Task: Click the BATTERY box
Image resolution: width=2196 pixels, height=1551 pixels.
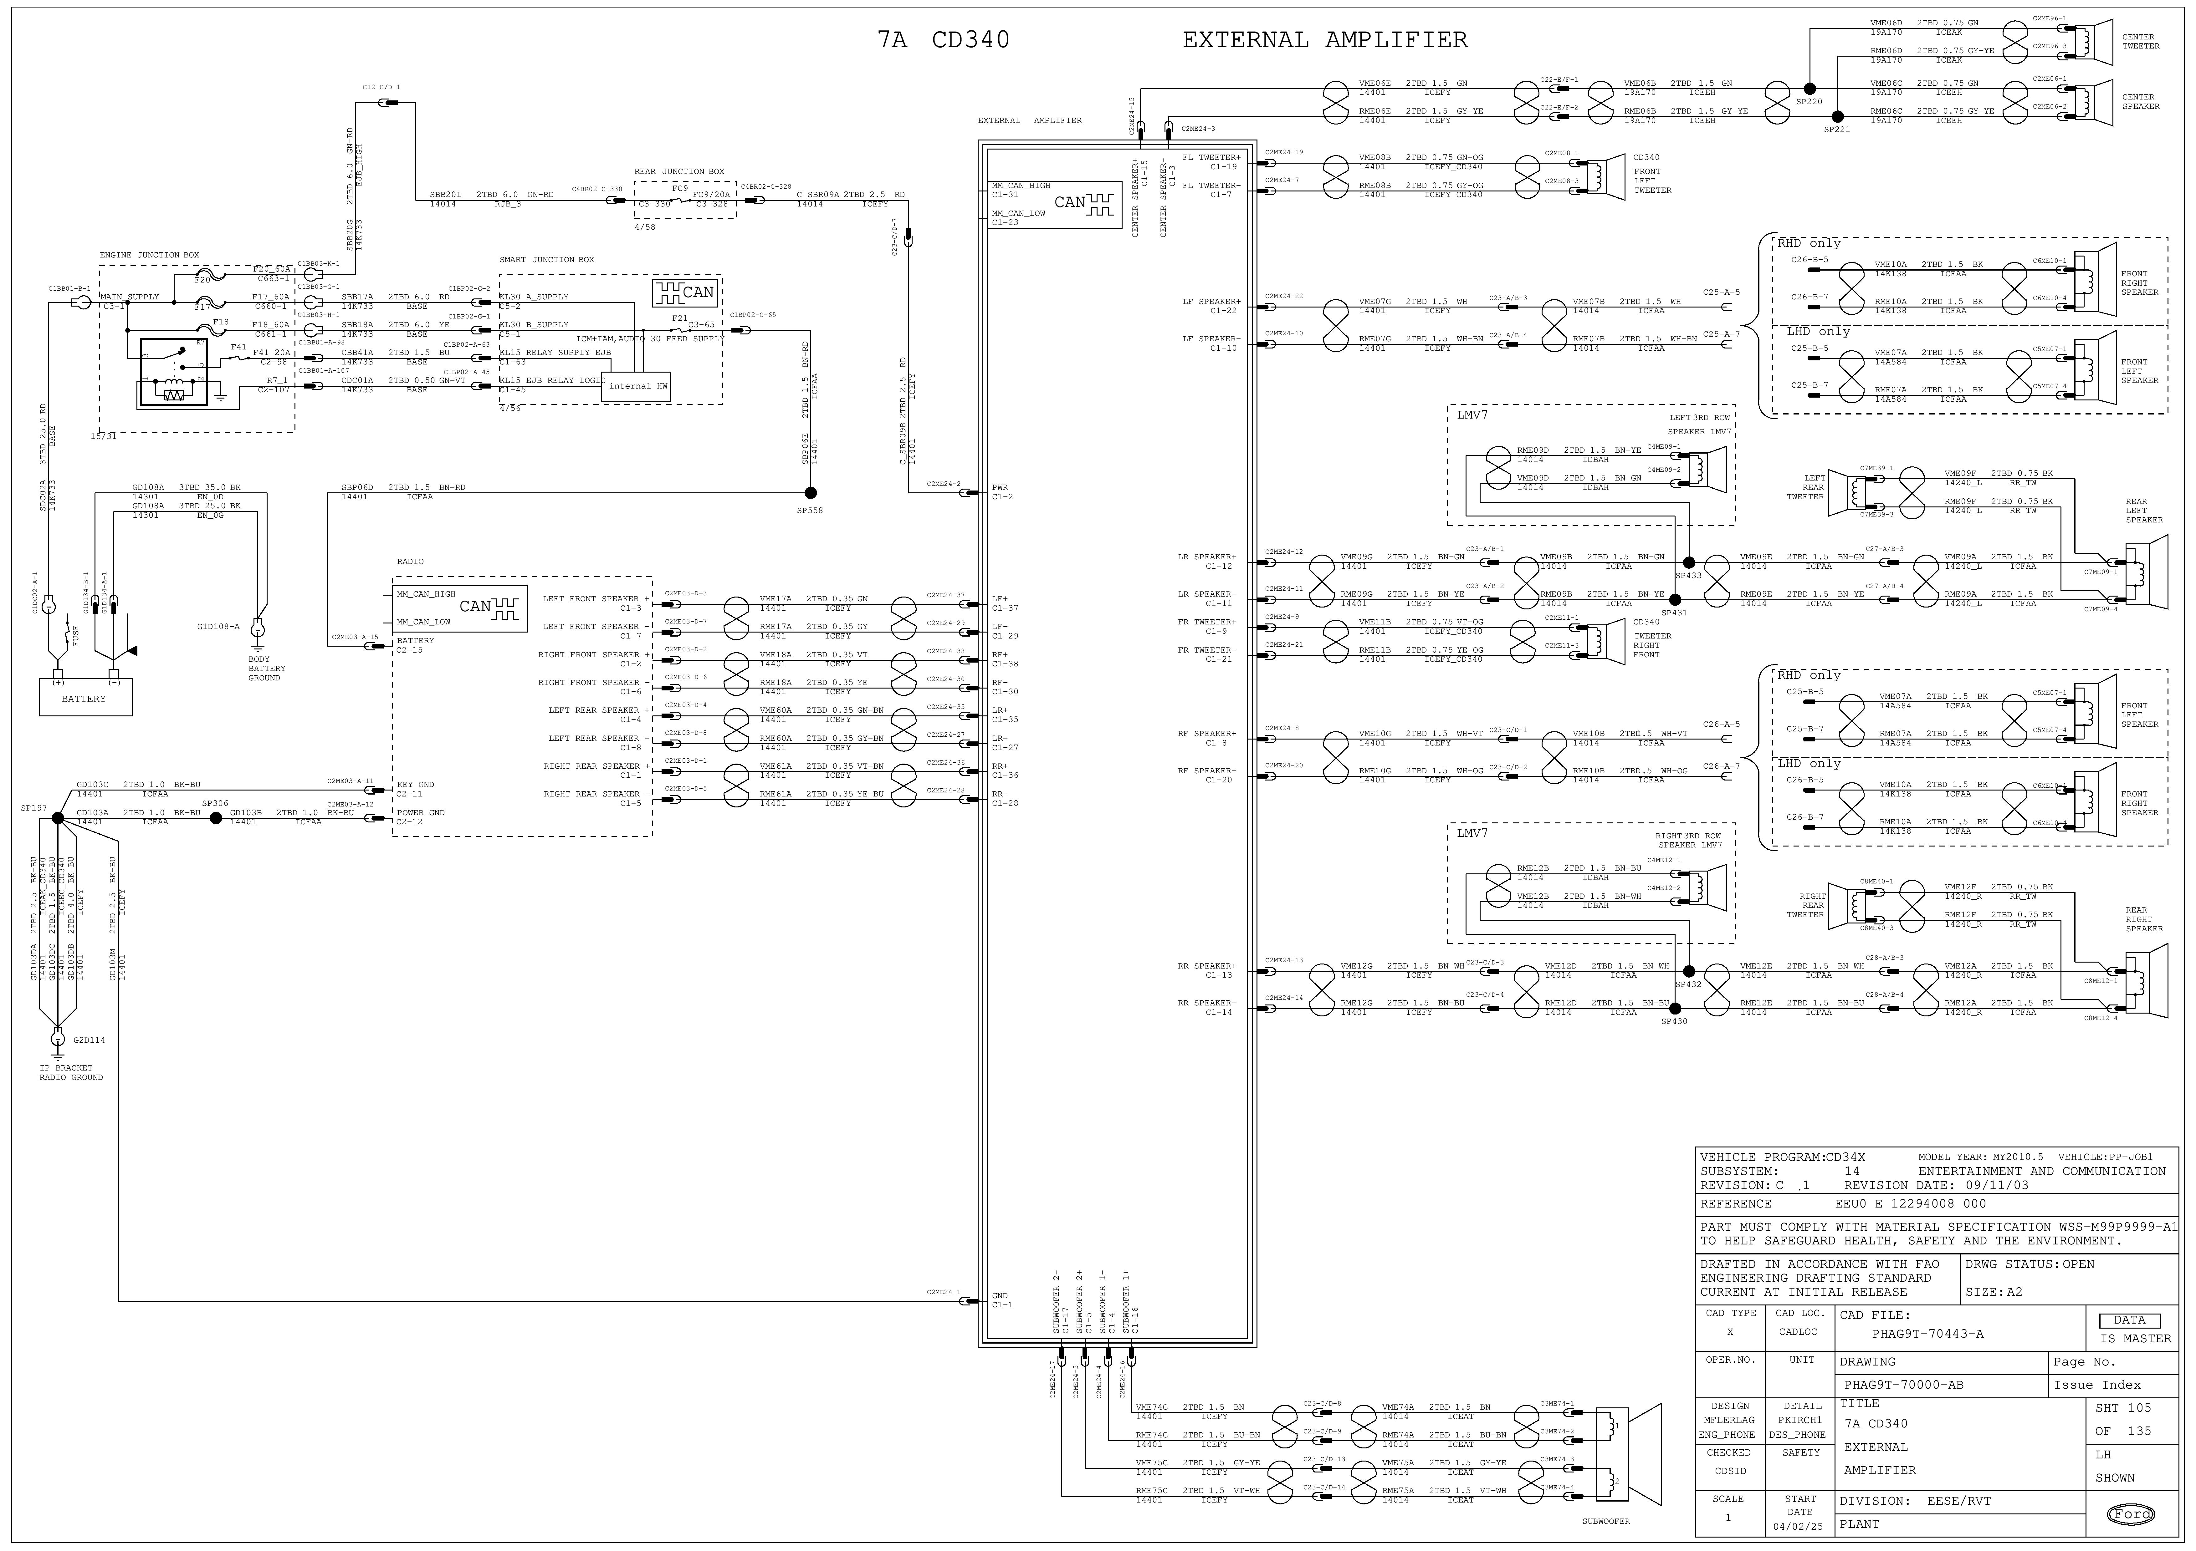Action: pos(84,698)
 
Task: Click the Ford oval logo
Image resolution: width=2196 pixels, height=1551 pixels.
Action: pos(2131,1514)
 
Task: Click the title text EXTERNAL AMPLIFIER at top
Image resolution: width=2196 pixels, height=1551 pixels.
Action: pos(1325,40)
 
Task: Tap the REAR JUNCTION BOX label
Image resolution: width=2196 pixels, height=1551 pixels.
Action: pos(679,172)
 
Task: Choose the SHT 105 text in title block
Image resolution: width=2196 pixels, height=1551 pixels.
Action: pos(2122,1409)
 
